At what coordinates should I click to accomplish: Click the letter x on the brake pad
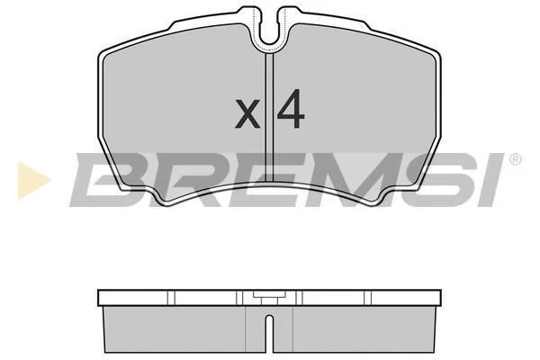pyautogui.click(x=247, y=113)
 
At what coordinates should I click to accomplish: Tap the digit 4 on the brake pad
pyautogui.click(x=291, y=109)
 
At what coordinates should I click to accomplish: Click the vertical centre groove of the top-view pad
pyautogui.click(x=269, y=118)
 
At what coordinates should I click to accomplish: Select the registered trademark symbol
pyautogui.click(x=516, y=159)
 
